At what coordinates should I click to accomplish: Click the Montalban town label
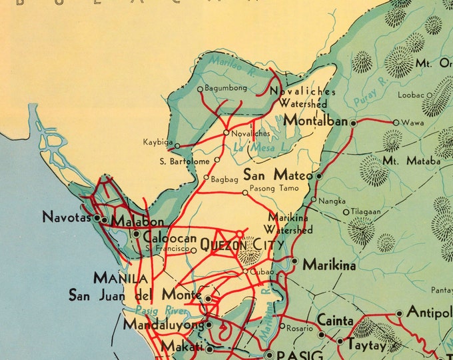315,121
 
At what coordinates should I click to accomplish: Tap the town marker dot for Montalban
353,123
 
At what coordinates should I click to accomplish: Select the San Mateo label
278,175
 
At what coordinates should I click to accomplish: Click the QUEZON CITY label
241,245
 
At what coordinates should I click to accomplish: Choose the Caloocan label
169,238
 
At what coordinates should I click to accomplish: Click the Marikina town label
328,264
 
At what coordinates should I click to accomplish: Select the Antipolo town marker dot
399,313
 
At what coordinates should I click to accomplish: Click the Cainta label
334,321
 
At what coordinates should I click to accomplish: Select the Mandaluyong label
163,325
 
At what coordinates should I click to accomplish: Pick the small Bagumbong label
226,88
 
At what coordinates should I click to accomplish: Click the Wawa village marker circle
396,123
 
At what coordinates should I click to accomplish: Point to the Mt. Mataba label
411,161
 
